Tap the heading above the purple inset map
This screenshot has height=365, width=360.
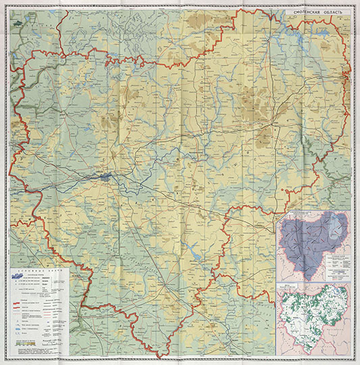tap(313, 213)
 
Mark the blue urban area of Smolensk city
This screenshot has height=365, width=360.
tap(106, 177)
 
